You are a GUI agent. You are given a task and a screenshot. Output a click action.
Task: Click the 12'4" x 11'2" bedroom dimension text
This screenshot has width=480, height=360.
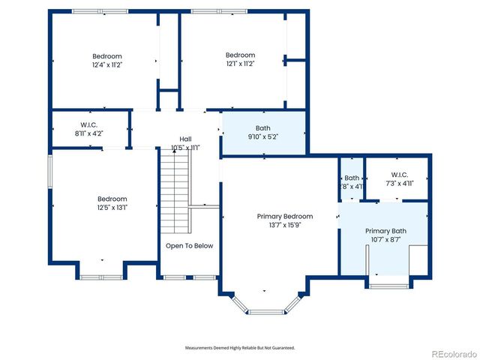click(107, 65)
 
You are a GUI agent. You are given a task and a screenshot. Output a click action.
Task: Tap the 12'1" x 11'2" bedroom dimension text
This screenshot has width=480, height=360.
click(241, 64)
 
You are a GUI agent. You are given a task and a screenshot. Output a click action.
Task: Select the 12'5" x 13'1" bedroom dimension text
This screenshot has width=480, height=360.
click(112, 208)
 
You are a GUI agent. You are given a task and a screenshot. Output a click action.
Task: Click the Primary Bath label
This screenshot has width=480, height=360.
click(385, 231)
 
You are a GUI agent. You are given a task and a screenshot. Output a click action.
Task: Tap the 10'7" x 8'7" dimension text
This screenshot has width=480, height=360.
click(385, 240)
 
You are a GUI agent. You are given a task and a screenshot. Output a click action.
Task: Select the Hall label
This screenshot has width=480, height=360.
click(185, 139)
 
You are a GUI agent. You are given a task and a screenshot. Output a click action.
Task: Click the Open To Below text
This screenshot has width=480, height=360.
click(189, 246)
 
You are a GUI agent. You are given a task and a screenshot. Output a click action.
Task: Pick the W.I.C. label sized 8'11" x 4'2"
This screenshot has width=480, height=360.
click(89, 124)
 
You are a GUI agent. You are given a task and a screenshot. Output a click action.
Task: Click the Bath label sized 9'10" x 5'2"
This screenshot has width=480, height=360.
click(263, 128)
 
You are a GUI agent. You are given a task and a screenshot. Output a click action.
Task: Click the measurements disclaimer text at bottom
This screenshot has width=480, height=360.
click(240, 348)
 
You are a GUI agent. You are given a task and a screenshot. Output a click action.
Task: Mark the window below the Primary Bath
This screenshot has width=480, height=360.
click(388, 286)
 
